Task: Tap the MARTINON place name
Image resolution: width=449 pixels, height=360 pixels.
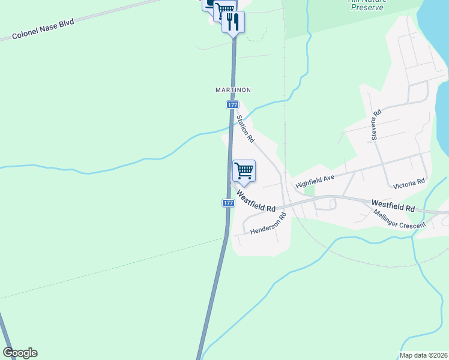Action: coord(233,90)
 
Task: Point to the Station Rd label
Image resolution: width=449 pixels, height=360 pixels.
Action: coord(246,128)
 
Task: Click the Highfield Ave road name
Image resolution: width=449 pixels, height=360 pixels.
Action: coord(315,182)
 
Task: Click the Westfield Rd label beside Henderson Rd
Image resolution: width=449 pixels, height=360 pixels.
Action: coord(256,201)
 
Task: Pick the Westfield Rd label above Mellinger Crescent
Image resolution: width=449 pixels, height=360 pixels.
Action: coord(393,205)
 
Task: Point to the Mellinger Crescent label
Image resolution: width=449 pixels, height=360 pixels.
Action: coord(399,219)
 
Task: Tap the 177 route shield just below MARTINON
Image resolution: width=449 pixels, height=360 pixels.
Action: coord(233,104)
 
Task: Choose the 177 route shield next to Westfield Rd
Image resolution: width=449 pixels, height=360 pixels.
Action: coord(228,203)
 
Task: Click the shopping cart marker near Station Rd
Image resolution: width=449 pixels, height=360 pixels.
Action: coord(244,171)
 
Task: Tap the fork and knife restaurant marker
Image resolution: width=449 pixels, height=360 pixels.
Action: coord(233,22)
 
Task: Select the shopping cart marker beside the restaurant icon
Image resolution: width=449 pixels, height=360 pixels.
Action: coord(223,11)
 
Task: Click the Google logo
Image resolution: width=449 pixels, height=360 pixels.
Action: coord(20,353)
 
